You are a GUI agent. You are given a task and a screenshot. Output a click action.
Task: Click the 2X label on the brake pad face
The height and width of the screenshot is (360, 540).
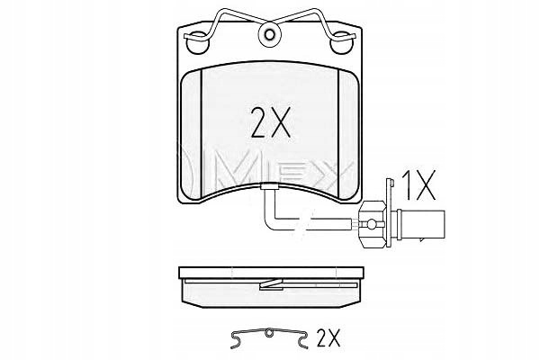pyautogui.click(x=271, y=122)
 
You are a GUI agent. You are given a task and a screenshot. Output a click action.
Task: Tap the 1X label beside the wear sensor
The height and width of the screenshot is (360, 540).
pyautogui.click(x=419, y=185)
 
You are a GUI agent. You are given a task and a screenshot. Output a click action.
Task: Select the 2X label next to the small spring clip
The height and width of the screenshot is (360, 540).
pyautogui.click(x=328, y=337)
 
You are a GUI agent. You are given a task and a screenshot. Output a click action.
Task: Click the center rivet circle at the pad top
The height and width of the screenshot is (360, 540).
pyautogui.click(x=270, y=34)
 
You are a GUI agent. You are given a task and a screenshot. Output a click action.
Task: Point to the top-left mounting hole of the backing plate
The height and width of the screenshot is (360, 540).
pyautogui.click(x=197, y=42)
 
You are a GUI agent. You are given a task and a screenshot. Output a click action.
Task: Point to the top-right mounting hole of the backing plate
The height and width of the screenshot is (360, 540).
pyautogui.click(x=342, y=42)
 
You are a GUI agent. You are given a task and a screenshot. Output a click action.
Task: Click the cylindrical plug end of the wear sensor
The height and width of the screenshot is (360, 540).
pyautogui.click(x=420, y=224)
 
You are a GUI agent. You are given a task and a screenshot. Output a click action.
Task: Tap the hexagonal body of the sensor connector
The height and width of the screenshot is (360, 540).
pyautogui.click(x=373, y=224)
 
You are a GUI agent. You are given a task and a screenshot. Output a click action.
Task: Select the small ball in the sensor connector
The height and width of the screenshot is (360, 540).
pyautogui.click(x=372, y=224)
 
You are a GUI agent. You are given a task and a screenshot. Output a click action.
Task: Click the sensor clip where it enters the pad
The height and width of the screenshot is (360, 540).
pyautogui.click(x=270, y=186)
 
